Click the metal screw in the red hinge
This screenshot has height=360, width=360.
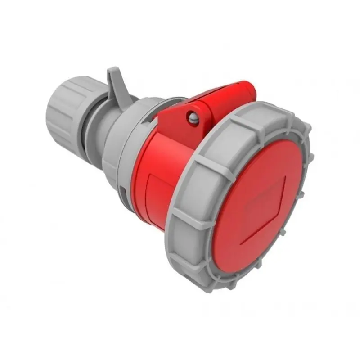[x=193, y=118]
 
